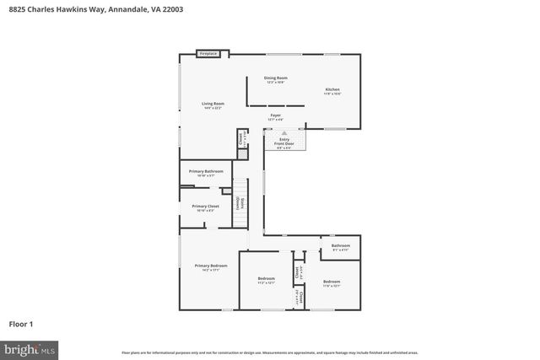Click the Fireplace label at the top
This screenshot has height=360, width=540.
[208, 54]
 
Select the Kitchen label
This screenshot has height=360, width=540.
[333, 91]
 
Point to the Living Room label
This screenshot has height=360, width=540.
[212, 105]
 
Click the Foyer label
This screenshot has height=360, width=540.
[275, 116]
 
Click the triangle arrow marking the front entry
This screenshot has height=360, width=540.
[284, 133]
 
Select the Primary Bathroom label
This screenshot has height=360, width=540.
[206, 173]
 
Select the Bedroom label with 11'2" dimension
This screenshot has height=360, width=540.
[266, 280]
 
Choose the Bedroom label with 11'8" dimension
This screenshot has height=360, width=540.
[331, 282]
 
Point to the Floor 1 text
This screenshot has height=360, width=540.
[21, 323]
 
